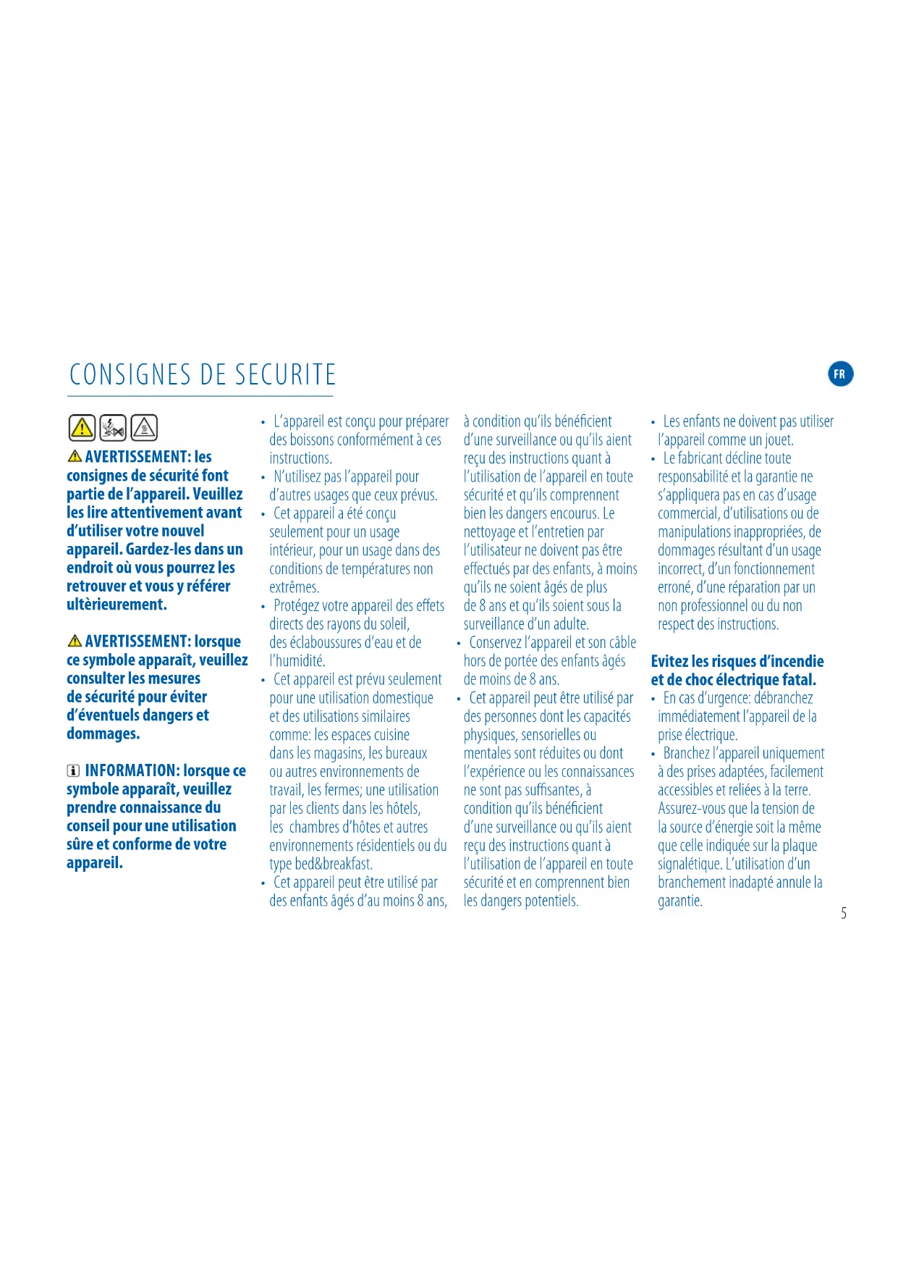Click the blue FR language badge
(840, 374)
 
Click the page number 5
(844, 913)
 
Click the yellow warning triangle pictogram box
(82, 428)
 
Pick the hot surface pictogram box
(144, 428)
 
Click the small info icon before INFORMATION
(73, 771)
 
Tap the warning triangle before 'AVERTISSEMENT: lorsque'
(74, 642)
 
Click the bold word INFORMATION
(132, 770)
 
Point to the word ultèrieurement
(117, 605)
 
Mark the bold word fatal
(798, 680)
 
